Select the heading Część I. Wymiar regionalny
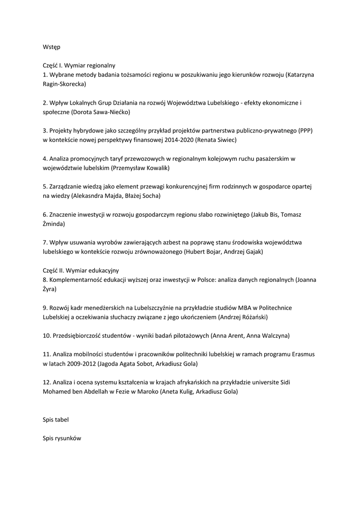79,65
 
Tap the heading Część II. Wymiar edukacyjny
81,270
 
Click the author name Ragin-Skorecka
64,84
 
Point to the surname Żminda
54,224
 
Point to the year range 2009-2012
80,364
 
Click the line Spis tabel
56,420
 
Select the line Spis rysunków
62,439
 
